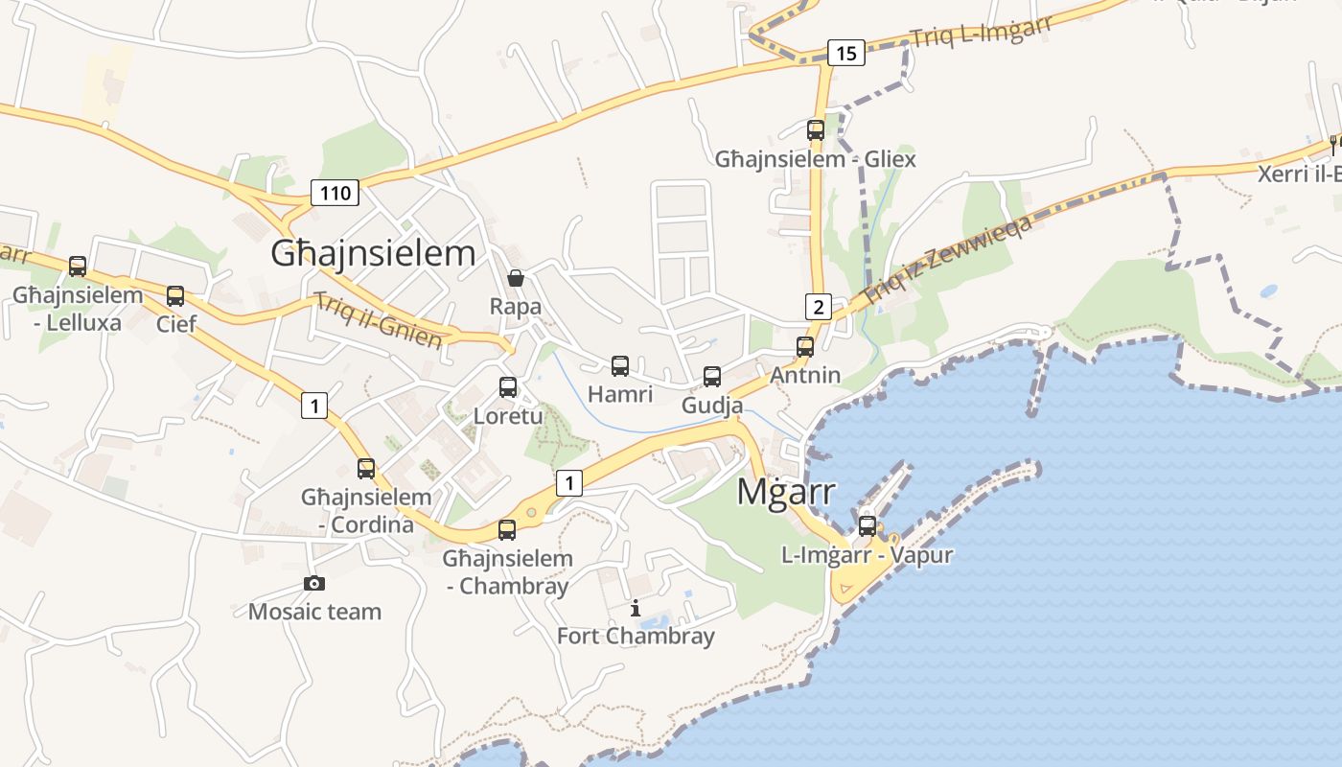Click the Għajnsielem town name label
tap(373, 253)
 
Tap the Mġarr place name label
tap(786, 492)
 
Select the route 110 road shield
tap(335, 193)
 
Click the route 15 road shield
tap(845, 53)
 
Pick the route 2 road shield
tap(818, 307)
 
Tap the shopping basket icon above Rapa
tap(516, 278)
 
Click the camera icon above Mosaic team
tap(313, 583)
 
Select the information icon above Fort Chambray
tap(635, 608)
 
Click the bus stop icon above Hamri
tap(620, 365)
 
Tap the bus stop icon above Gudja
tap(712, 376)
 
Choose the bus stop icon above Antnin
tap(805, 346)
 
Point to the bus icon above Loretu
tap(508, 386)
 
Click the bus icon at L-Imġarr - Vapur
tap(868, 525)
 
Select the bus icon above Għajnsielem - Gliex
tap(816, 129)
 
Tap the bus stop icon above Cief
tap(175, 295)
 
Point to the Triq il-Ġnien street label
tap(379, 319)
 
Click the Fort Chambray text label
tap(636, 636)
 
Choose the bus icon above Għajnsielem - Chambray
tap(507, 529)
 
